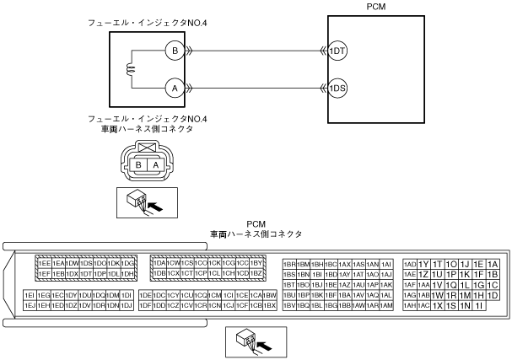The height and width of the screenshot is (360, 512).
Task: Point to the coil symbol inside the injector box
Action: coord(131,69)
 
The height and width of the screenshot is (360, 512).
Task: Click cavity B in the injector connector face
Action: coord(138,165)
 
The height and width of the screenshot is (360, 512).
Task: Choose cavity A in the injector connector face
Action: coord(155,165)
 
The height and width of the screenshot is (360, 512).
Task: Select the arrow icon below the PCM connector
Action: coord(256,341)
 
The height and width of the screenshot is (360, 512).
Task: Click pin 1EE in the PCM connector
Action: coord(44,263)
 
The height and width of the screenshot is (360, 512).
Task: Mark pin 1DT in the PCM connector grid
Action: coord(85,274)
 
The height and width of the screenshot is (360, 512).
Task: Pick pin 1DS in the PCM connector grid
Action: coord(85,263)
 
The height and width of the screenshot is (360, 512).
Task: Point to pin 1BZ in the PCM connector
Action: coord(257,274)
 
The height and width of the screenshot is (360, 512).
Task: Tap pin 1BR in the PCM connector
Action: coord(289,263)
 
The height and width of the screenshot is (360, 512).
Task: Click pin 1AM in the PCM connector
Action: coord(386,305)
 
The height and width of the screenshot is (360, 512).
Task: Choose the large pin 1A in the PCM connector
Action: coord(493,263)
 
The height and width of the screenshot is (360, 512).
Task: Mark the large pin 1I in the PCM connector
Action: coord(479,305)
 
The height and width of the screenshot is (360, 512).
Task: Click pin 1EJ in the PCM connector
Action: coord(30,305)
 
